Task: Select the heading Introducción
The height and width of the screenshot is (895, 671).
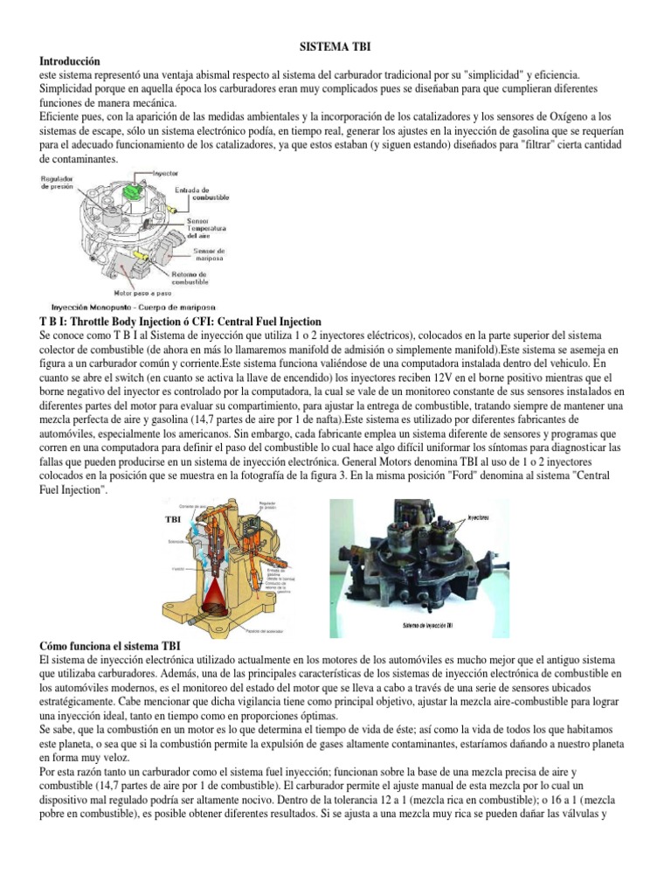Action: click(x=71, y=62)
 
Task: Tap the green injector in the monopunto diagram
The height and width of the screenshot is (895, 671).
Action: click(x=133, y=191)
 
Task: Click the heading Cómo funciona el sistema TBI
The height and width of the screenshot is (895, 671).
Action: click(x=111, y=644)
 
